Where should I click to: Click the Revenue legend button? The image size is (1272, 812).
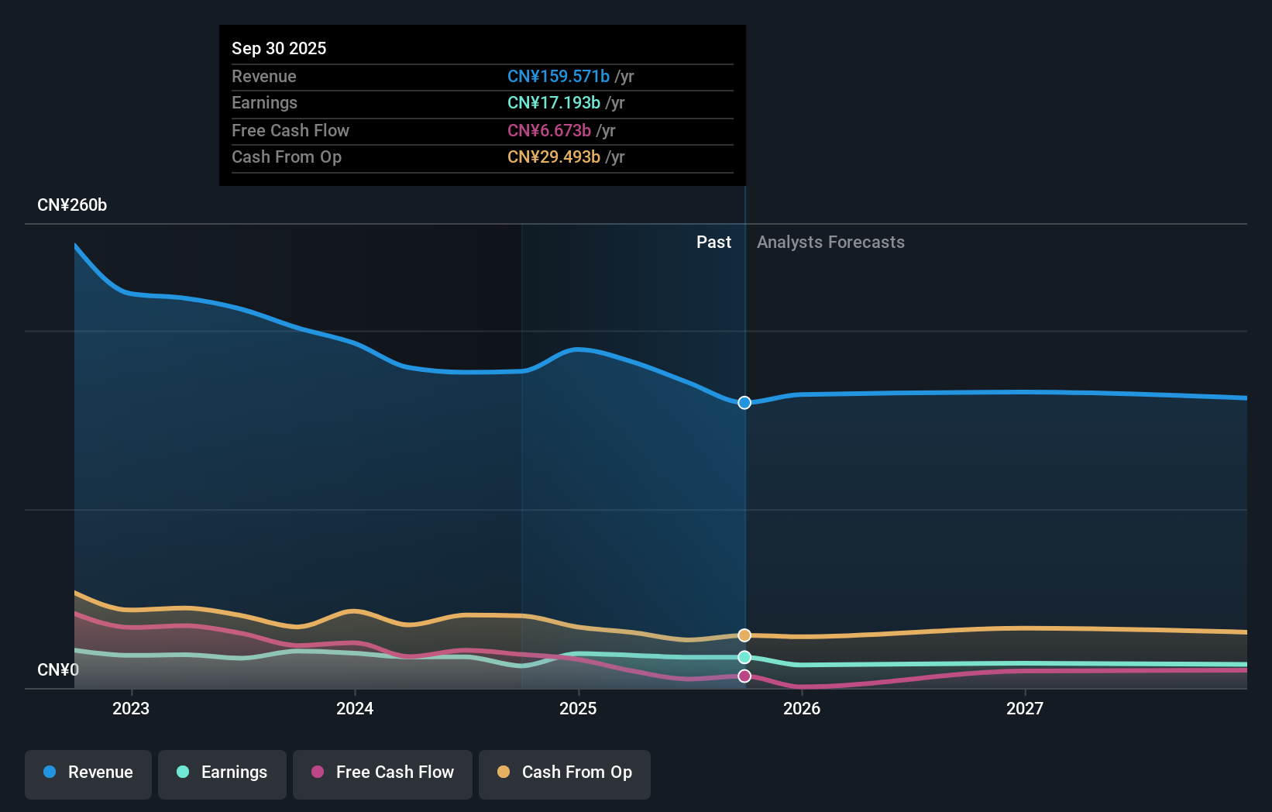[88, 772]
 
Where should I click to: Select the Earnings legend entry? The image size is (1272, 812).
[222, 772]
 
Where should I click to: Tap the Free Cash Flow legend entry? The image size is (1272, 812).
[383, 772]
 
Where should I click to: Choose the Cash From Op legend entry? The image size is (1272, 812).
[565, 772]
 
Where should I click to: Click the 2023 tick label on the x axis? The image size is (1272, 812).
[131, 708]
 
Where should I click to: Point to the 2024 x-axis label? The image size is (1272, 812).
[355, 708]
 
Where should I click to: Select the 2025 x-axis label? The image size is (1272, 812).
[578, 708]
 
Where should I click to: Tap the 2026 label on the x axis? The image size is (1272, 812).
[802, 708]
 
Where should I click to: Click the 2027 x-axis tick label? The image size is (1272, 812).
[1025, 708]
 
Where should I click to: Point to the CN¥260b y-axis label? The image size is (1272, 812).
[72, 205]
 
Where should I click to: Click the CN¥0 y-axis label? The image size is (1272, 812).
[58, 669]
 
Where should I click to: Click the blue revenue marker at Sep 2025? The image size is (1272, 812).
[744, 403]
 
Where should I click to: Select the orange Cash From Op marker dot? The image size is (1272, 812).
[744, 635]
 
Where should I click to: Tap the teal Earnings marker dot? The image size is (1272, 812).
[744, 657]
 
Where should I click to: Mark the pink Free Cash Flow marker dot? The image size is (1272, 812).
[744, 676]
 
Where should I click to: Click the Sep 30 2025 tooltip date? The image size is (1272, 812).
[279, 48]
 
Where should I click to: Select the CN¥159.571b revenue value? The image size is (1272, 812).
[558, 77]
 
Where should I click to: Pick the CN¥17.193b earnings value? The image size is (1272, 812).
[553, 103]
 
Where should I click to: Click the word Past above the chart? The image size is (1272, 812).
[713, 243]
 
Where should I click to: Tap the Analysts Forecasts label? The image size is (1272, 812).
[830, 243]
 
